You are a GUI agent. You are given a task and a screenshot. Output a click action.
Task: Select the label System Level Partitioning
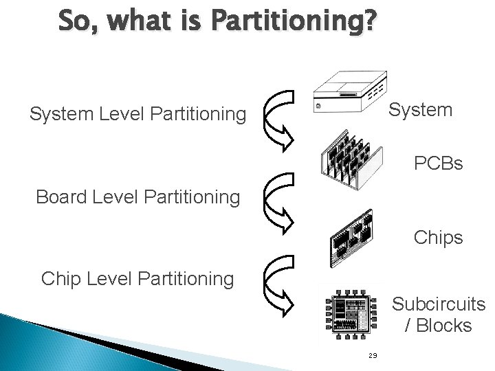[137, 114]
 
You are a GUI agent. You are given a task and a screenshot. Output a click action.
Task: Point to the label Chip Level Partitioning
[137, 279]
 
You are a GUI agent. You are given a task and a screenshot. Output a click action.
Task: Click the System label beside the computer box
[421, 110]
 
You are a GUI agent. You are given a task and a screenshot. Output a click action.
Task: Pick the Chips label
[438, 238]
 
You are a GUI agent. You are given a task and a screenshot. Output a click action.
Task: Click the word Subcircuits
[439, 304]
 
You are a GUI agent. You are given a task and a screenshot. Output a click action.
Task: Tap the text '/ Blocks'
[439, 324]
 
